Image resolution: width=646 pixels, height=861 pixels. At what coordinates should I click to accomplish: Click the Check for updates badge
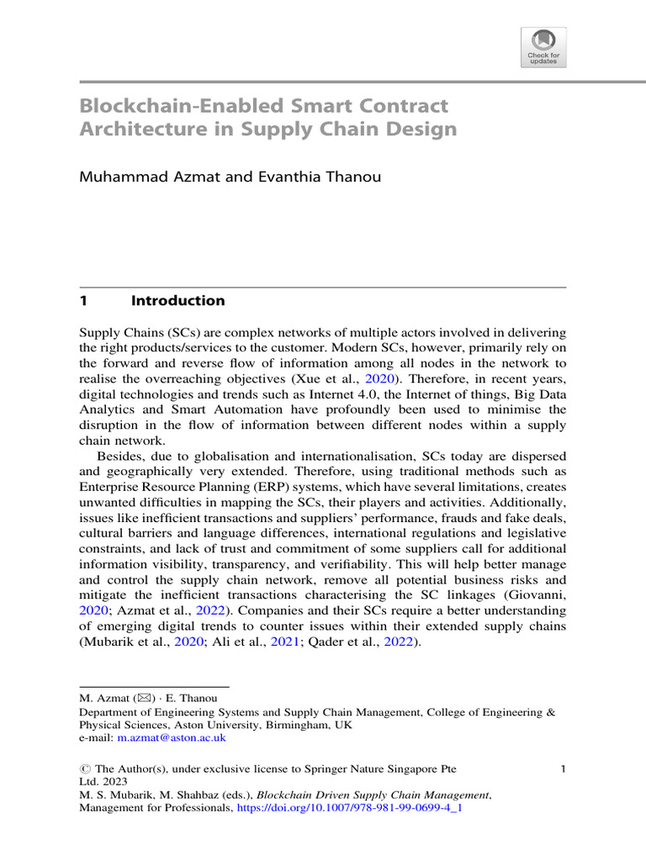tap(543, 47)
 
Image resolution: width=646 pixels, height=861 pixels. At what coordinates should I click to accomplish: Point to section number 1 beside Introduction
tap(83, 301)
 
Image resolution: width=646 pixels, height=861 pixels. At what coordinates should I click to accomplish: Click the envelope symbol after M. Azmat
tap(134, 697)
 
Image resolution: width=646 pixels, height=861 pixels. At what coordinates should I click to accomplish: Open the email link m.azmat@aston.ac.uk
tap(172, 737)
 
